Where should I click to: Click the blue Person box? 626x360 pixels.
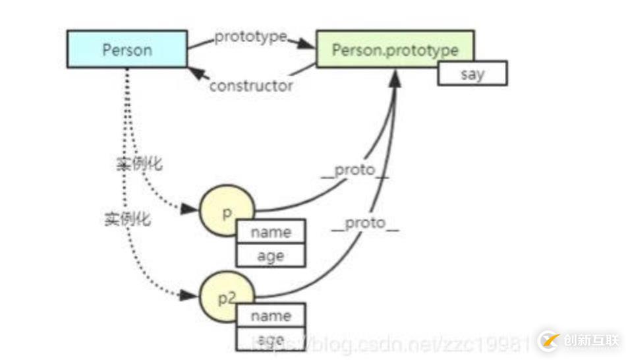[x=127, y=49]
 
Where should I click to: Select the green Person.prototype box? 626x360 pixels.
[x=395, y=48]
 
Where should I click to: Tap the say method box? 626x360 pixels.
[x=472, y=74]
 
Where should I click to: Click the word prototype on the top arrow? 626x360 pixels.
[x=250, y=37]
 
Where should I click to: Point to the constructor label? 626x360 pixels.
[x=251, y=85]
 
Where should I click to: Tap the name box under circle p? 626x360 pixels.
[x=270, y=232]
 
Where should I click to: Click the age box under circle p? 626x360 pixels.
[x=270, y=255]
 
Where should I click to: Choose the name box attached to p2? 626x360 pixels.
[x=270, y=316]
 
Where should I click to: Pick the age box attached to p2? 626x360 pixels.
[x=270, y=340]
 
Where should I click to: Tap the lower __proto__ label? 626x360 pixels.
[x=366, y=224]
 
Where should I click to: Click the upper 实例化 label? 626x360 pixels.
[x=139, y=164]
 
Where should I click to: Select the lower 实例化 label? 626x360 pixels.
[x=127, y=219]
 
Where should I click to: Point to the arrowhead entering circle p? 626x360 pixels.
[x=190, y=209]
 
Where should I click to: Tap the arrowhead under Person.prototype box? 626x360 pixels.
[x=395, y=76]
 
